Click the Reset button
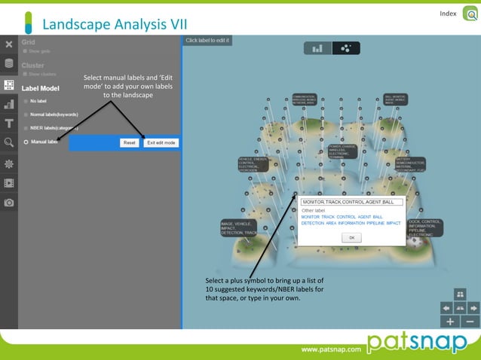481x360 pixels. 129,142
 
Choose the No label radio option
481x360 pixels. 26,100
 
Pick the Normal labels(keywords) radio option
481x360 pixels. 26,114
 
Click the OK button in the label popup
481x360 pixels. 351,237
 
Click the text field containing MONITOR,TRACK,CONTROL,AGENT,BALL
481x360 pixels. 351,202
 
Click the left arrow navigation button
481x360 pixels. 446,307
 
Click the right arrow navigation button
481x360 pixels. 473,307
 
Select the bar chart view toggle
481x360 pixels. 317,48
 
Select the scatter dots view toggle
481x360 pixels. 345,48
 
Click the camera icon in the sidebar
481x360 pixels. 9,203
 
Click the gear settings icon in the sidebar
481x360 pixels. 9,163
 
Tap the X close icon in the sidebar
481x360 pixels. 9,45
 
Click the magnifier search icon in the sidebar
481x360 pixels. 9,142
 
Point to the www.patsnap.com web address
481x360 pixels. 329,350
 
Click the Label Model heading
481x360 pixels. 41,87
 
